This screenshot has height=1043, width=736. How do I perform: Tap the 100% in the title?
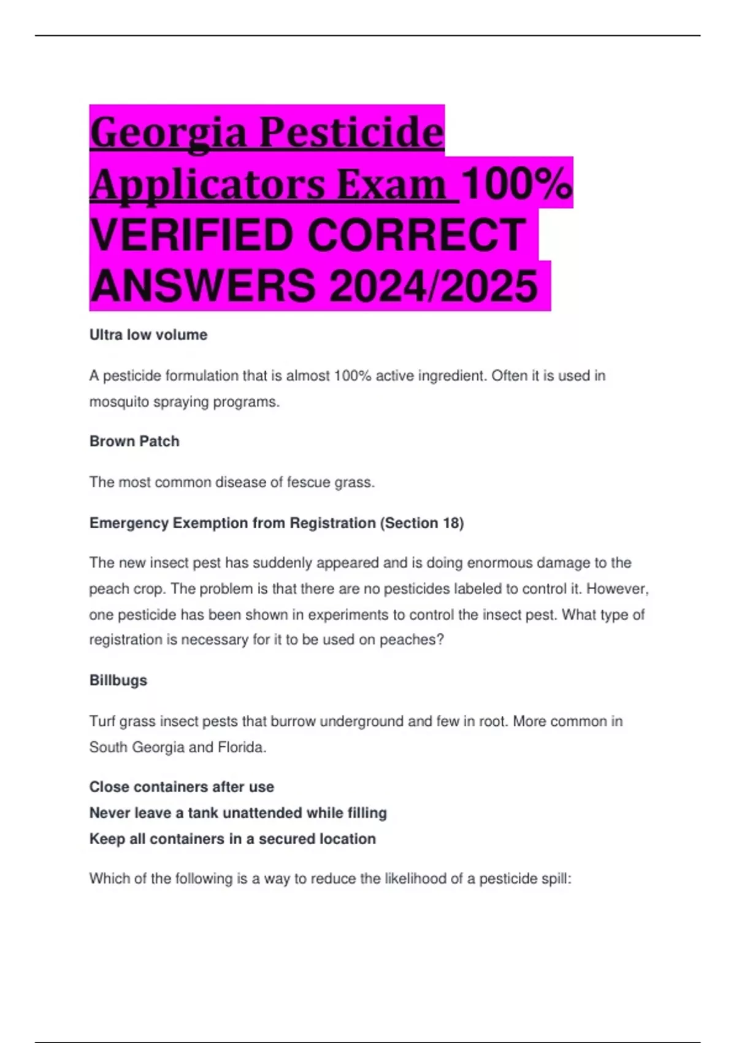point(516,184)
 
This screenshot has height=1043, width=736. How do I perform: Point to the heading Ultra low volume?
point(148,335)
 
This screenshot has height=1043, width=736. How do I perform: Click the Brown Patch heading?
point(134,442)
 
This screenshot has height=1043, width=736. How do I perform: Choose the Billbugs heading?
point(118,680)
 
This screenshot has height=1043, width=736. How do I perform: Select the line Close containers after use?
point(182,787)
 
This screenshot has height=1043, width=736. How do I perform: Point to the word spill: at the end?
point(556,879)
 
